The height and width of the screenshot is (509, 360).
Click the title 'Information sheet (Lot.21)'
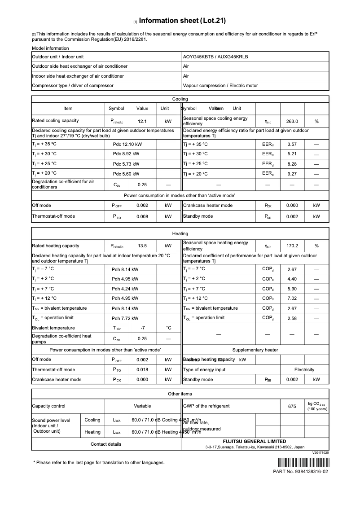(182, 21)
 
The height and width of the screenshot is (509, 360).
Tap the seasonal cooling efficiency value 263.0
(292, 121)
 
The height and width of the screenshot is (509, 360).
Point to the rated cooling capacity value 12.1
(142, 121)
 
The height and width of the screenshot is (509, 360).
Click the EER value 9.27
(292, 173)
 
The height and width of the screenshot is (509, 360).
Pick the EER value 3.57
(292, 145)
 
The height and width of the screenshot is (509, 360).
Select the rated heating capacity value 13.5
(142, 246)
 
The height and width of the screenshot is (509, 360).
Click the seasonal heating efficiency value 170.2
(292, 246)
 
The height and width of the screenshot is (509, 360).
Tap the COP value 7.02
(292, 298)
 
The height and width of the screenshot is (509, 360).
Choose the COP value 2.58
(292, 318)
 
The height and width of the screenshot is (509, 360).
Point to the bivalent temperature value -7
(142, 328)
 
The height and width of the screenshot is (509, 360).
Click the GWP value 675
(292, 406)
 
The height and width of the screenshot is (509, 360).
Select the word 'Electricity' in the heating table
(304, 370)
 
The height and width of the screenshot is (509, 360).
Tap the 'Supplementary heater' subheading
(255, 350)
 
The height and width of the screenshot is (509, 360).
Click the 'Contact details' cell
(106, 444)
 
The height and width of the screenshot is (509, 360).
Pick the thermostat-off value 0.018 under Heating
(142, 370)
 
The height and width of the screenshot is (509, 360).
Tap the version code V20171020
(320, 453)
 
